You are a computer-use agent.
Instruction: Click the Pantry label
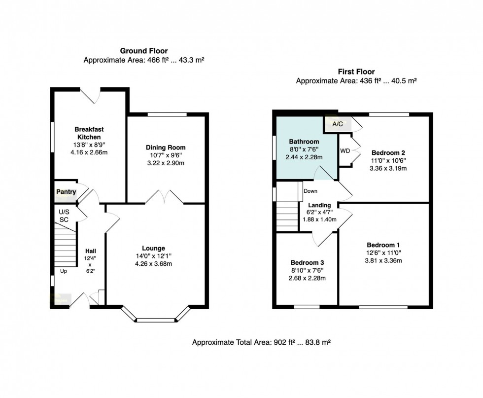point(66,192)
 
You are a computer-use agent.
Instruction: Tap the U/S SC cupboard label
point(64,215)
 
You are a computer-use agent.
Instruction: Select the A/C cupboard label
point(338,124)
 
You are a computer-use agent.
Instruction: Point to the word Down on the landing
point(310,191)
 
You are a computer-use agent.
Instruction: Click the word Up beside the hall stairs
point(64,271)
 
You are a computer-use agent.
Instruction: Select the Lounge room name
point(154,248)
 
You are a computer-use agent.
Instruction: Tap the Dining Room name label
point(166,147)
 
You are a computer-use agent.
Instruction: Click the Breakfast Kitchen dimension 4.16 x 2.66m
point(89,152)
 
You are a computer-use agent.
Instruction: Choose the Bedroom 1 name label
point(383,245)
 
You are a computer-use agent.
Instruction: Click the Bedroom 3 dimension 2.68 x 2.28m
point(307,278)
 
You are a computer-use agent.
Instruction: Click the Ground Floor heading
point(144,51)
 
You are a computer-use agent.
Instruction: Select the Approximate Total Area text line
point(261,342)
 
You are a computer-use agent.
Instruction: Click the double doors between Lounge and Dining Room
point(164,198)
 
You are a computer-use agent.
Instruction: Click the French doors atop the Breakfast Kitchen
point(90,95)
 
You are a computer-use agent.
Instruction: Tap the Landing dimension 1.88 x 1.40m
point(319,219)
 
